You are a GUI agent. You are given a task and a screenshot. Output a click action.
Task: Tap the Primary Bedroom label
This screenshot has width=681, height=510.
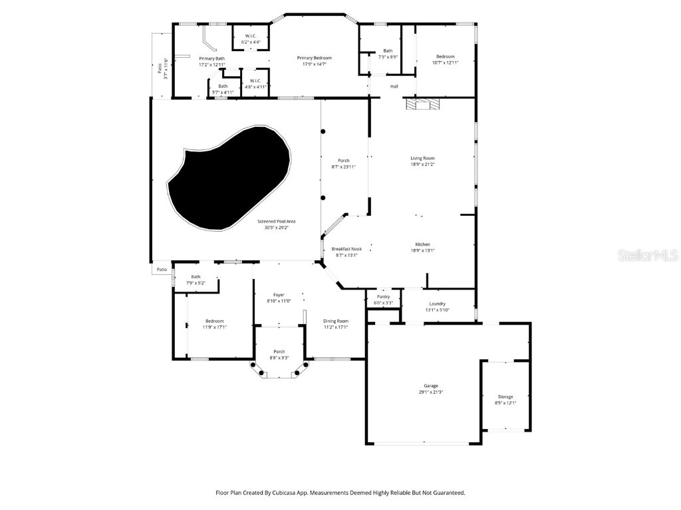[x=314, y=58]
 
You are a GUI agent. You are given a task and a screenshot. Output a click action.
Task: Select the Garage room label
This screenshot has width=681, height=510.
[x=431, y=386]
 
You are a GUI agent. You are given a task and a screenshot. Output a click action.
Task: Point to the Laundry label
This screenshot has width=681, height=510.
[x=437, y=303]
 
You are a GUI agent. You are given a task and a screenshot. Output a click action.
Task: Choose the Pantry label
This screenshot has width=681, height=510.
[x=383, y=297]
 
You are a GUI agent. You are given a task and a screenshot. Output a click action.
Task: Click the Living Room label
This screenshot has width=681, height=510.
[x=422, y=158]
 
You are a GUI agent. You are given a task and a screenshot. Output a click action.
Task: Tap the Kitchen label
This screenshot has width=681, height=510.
[x=423, y=244]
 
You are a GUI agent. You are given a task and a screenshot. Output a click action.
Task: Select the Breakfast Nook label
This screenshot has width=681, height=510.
[x=346, y=249]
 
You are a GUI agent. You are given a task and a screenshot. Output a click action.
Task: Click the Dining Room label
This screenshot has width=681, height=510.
[x=335, y=321]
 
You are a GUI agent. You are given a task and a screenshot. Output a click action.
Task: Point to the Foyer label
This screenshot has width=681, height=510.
[x=279, y=295]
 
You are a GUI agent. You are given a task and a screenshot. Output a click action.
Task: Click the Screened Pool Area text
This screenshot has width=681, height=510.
[x=277, y=221]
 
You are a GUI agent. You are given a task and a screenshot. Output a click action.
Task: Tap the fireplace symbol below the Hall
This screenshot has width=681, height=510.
[x=422, y=104]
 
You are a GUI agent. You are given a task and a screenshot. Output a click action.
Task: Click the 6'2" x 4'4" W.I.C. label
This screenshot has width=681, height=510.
[x=251, y=42]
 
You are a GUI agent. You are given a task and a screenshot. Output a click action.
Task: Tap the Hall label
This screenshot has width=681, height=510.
[x=394, y=86]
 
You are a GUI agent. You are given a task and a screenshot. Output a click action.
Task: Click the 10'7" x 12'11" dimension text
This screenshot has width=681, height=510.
[x=445, y=62]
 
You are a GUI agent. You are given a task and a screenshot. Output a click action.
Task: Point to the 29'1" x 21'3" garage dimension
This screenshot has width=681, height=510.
[x=431, y=392]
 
